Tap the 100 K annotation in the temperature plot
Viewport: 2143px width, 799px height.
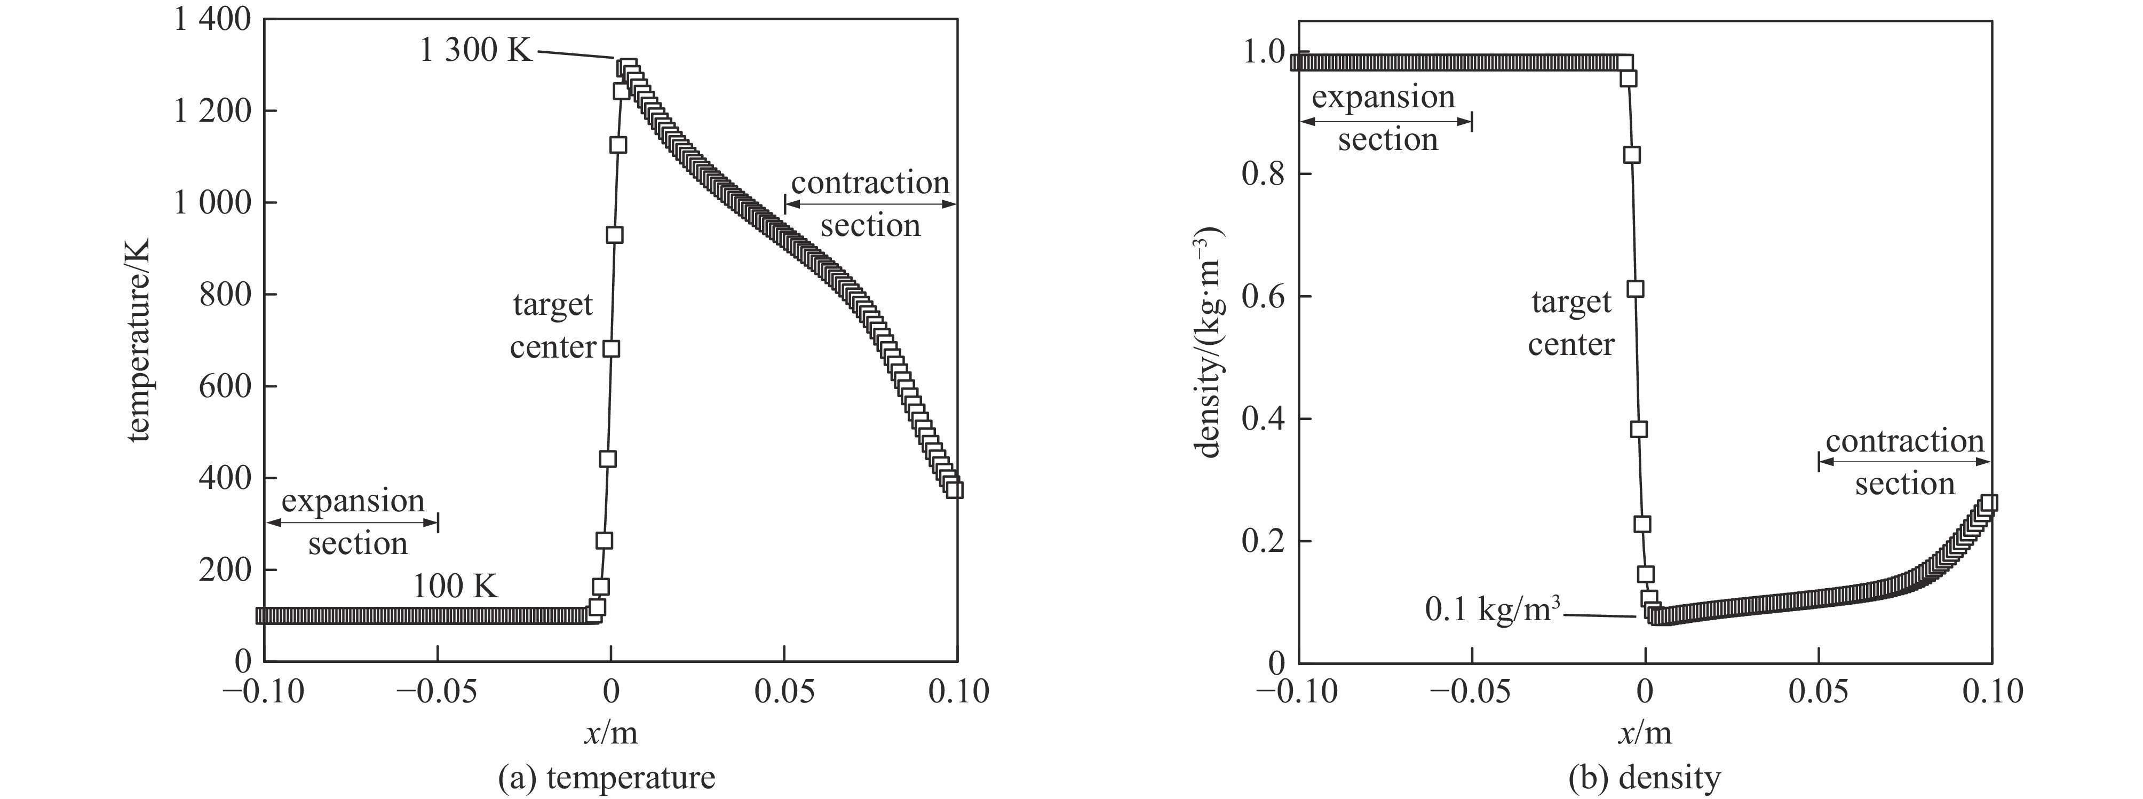(455, 587)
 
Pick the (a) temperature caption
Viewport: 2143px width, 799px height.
(606, 777)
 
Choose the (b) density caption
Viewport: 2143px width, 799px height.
(1644, 777)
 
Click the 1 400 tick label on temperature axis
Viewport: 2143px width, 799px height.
(212, 20)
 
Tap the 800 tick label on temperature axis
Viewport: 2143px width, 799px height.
(225, 295)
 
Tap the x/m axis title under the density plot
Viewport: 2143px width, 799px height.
(1645, 732)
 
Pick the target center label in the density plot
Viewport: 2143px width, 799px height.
(1570, 323)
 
